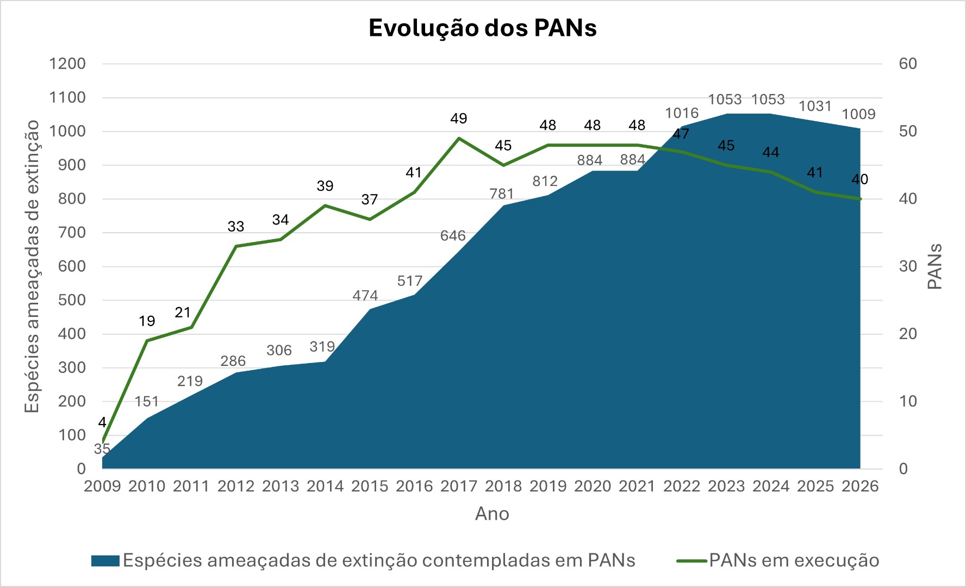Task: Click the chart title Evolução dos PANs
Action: (x=483, y=28)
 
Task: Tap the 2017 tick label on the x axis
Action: (x=459, y=486)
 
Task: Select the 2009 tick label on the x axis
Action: (x=102, y=486)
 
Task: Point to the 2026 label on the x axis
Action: (x=860, y=486)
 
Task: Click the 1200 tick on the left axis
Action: (x=67, y=64)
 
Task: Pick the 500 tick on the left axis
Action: (x=72, y=300)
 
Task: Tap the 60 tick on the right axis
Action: (x=908, y=64)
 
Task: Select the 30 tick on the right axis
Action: (x=908, y=266)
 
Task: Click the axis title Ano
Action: (x=492, y=514)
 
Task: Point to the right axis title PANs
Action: (x=934, y=266)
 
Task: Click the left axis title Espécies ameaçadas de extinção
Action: (x=32, y=266)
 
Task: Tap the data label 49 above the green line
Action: (x=459, y=118)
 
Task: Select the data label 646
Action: (x=453, y=236)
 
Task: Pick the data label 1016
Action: (x=682, y=113)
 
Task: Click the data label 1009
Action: (x=859, y=114)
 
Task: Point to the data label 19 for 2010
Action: (x=147, y=321)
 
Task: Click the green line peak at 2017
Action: (x=459, y=138)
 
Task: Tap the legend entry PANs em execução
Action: (x=794, y=560)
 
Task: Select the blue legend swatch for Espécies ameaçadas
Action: (x=105, y=561)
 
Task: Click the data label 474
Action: (x=365, y=296)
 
